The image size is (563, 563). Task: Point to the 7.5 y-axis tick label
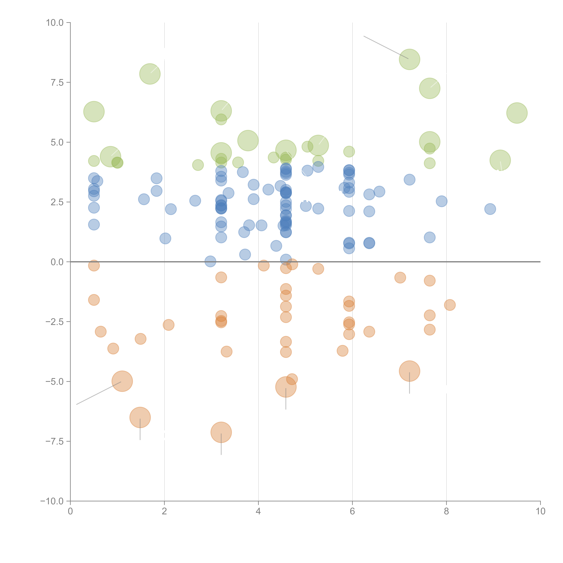pyautogui.click(x=57, y=82)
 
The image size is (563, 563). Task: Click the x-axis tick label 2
pyautogui.click(x=164, y=511)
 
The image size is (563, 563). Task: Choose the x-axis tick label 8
pyautogui.click(x=446, y=511)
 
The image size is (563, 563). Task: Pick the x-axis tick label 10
pyautogui.click(x=540, y=511)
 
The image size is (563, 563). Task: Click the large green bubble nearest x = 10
pyautogui.click(x=517, y=113)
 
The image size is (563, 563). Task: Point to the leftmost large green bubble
pyautogui.click(x=94, y=112)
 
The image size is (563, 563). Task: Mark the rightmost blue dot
pyautogui.click(x=490, y=209)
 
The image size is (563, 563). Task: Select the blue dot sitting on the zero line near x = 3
pyautogui.click(x=210, y=261)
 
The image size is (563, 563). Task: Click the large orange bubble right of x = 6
pyautogui.click(x=409, y=371)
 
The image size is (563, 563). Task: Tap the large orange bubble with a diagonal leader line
pyautogui.click(x=122, y=381)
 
